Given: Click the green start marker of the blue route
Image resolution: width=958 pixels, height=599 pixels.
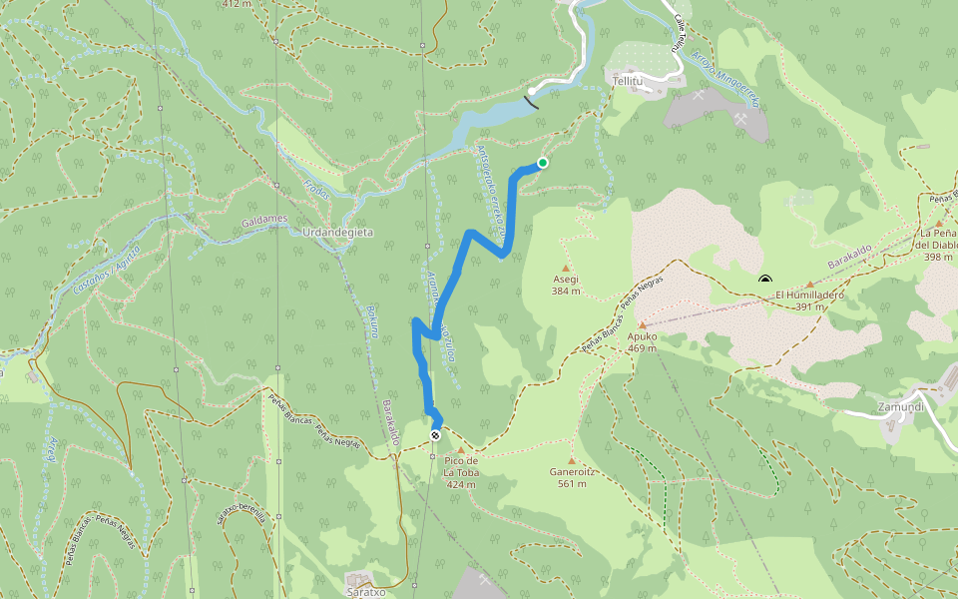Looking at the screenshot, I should click(x=543, y=163).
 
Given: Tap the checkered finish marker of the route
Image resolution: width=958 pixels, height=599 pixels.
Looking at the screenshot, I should click(x=436, y=435).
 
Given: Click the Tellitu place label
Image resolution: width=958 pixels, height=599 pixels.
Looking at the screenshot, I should click(x=629, y=80).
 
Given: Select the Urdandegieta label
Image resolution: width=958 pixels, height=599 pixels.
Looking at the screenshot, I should click(x=337, y=232).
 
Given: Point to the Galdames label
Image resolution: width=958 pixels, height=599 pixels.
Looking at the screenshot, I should click(x=263, y=218).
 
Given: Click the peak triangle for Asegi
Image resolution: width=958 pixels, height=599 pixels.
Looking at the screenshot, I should click(x=566, y=268).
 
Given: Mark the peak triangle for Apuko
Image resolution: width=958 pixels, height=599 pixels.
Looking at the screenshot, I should click(x=642, y=324).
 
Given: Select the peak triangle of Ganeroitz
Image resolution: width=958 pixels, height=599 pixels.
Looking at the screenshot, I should click(x=572, y=460).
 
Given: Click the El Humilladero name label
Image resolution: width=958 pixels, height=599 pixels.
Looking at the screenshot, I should click(x=809, y=296).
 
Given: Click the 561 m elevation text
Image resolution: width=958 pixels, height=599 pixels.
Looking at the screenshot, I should click(x=572, y=484).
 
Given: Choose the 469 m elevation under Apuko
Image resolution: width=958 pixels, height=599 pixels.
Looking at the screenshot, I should click(x=642, y=348).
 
